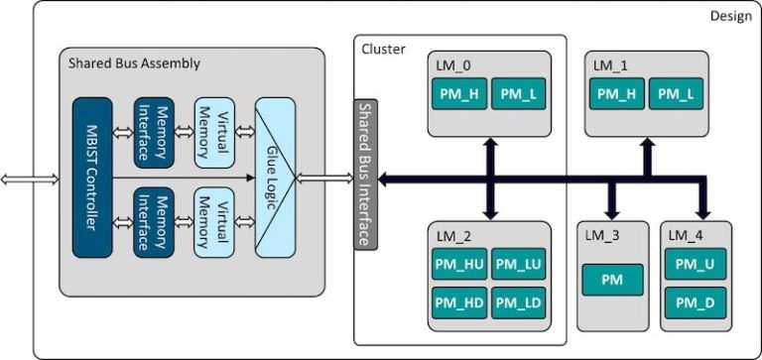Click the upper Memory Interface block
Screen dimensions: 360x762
(x=155, y=132)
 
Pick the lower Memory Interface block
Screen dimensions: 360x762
(x=155, y=223)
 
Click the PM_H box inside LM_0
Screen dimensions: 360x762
(x=458, y=93)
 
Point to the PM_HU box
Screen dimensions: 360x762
(x=458, y=264)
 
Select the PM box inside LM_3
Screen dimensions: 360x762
(x=611, y=281)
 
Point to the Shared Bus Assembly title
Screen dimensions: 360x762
(x=134, y=63)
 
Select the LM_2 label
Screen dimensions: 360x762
(x=452, y=235)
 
